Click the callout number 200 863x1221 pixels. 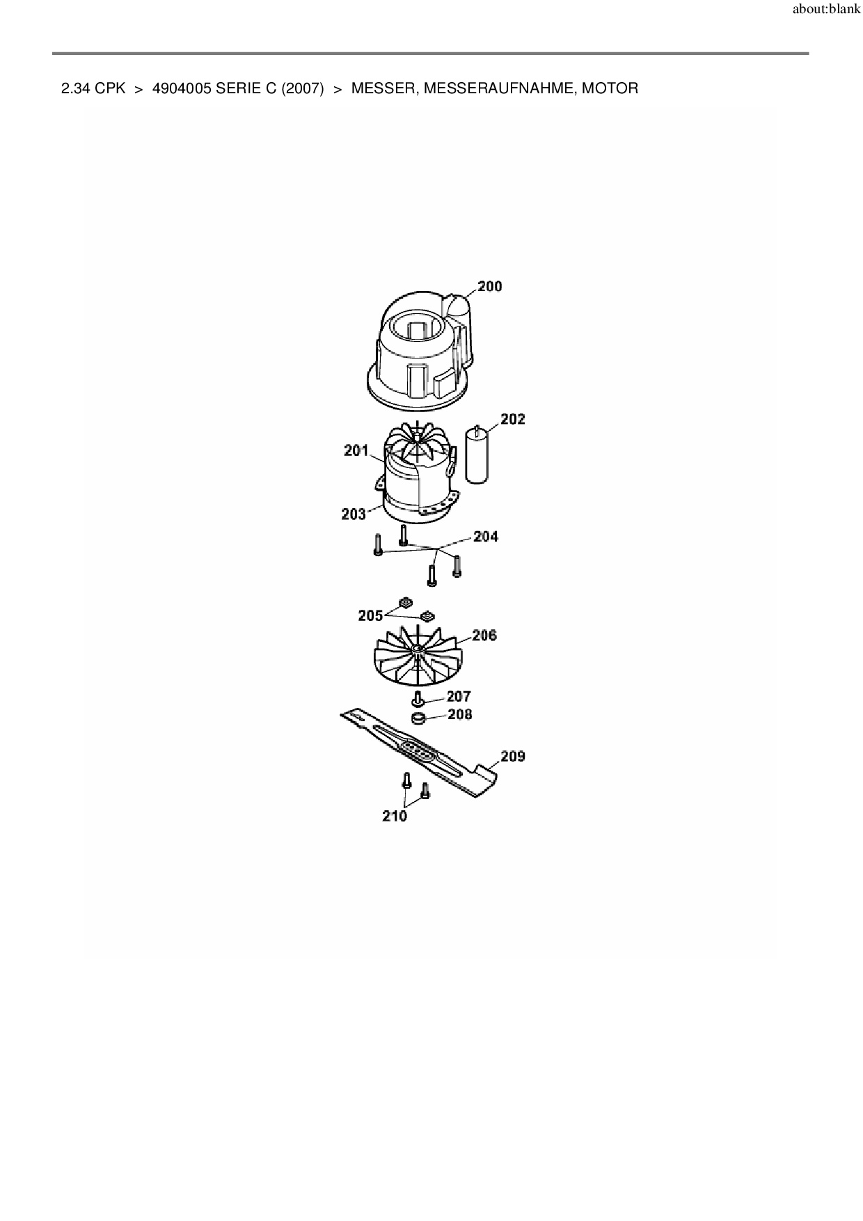tap(489, 286)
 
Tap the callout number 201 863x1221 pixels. tap(356, 450)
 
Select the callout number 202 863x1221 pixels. tap(512, 419)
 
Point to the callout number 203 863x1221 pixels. tap(354, 514)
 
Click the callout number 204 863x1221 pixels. tap(486, 537)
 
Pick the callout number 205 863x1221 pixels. tap(370, 615)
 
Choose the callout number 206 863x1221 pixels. tap(484, 635)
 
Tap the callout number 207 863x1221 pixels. tap(459, 696)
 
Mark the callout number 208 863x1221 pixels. tap(459, 714)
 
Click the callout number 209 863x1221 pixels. tap(512, 756)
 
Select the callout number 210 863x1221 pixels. tap(395, 816)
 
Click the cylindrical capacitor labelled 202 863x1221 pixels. tap(477, 456)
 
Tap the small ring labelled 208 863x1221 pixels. tap(418, 718)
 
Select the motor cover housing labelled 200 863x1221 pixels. tap(418, 355)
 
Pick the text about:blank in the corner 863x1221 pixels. tap(826, 10)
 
